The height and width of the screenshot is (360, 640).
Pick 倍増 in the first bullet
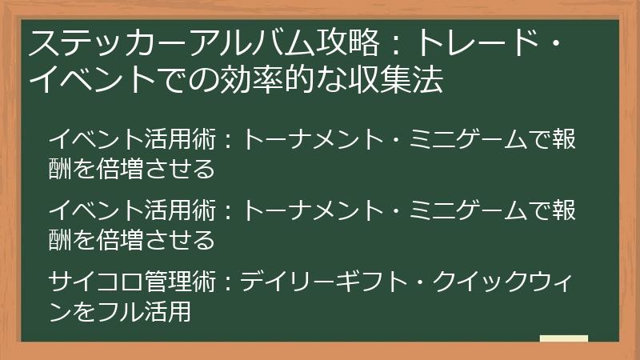pos(124,170)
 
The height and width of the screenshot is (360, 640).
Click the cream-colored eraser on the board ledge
pos(563,338)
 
